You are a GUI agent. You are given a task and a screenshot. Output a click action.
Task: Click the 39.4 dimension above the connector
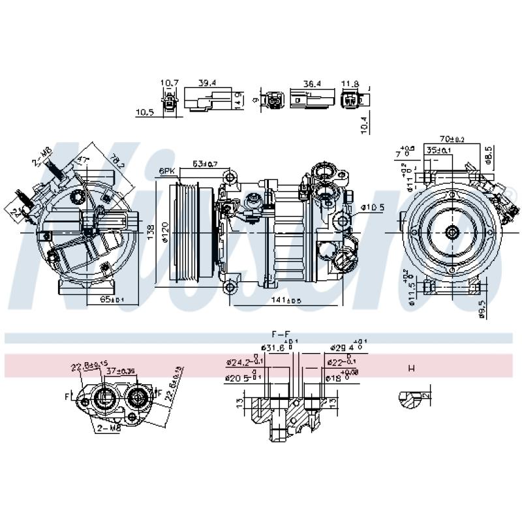click(x=207, y=83)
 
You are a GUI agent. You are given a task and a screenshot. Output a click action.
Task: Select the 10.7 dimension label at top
click(x=170, y=83)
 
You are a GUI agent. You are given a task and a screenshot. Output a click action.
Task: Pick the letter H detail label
click(x=411, y=369)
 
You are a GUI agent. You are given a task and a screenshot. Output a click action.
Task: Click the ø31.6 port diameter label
click(x=272, y=348)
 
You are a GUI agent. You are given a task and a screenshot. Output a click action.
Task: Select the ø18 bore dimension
click(x=333, y=377)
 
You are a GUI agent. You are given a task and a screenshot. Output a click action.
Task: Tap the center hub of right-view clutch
click(x=451, y=232)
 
